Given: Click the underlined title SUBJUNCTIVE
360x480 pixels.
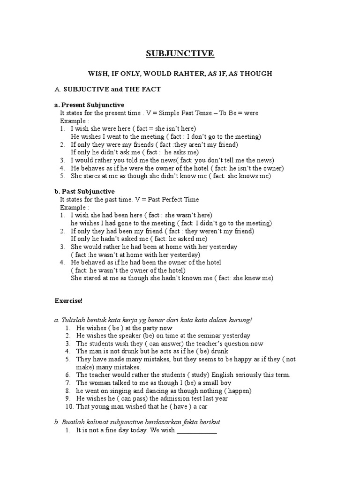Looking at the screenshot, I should click(180, 53).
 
